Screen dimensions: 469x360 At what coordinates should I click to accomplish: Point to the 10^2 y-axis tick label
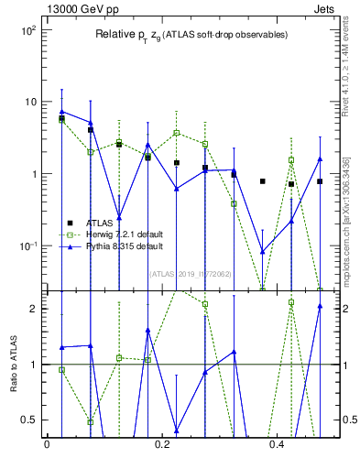[x=27, y=30]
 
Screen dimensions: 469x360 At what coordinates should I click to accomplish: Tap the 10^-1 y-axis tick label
[x=27, y=246]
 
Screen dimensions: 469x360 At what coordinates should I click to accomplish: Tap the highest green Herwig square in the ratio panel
[x=290, y=302]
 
